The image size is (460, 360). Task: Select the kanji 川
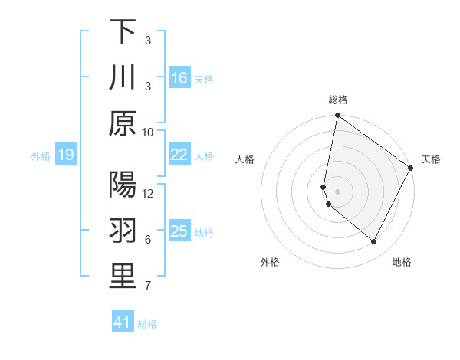[123, 78]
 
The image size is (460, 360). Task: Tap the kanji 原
[123, 123]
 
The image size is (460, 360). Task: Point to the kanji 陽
[123, 185]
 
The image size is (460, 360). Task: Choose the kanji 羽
[123, 231]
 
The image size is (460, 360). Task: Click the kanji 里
[123, 277]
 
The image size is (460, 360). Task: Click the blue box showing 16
[179, 78]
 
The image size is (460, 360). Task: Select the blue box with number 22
[179, 155]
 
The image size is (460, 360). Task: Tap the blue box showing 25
[179, 231]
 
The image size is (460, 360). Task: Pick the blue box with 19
[65, 155]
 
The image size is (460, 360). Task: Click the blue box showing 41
[123, 322]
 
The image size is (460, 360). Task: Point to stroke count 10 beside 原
[148, 132]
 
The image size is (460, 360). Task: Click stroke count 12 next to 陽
[148, 194]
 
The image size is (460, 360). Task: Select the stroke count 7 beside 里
[148, 286]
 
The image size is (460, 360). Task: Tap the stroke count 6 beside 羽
[148, 240]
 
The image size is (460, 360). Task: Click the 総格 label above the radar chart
[338, 100]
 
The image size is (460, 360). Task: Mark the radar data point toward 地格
[373, 242]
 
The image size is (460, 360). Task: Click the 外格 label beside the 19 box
[41, 156]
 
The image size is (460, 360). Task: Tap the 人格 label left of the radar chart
[245, 159]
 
